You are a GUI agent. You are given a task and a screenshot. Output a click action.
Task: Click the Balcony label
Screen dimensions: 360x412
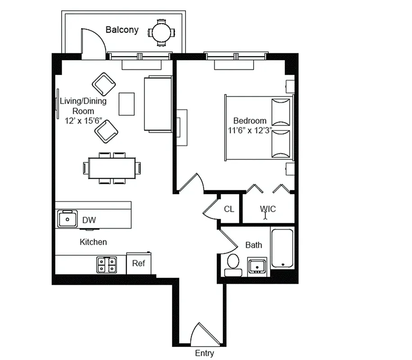tap(122, 30)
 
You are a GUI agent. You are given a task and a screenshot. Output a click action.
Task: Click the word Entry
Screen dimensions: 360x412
tap(204, 353)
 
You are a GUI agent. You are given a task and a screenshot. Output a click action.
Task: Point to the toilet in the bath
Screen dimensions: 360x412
tap(233, 264)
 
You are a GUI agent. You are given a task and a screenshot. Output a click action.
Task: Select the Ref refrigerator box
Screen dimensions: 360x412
tap(139, 263)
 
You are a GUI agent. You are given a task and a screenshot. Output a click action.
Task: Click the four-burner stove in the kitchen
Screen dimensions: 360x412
tap(106, 264)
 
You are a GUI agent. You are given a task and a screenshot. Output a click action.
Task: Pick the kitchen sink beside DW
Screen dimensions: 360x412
tap(68, 219)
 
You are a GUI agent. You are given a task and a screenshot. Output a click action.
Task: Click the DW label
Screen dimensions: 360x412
tap(89, 220)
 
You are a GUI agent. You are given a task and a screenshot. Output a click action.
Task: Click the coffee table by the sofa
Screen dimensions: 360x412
tap(127, 103)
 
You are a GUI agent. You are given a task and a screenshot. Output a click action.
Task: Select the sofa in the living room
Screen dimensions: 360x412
tap(158, 104)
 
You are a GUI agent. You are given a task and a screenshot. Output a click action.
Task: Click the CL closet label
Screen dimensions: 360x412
tap(229, 209)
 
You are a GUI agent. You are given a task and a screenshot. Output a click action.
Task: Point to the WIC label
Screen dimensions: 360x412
tap(267, 209)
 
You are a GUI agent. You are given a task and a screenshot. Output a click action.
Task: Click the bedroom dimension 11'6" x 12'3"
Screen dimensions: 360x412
tap(250, 130)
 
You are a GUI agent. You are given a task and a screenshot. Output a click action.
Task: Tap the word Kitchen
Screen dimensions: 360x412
tap(93, 242)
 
